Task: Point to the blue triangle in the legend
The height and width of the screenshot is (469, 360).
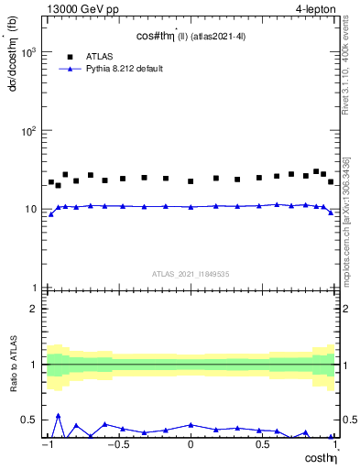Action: (71, 69)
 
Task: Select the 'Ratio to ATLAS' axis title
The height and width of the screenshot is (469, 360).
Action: (12, 364)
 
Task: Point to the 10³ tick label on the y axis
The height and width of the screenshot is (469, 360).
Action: (27, 52)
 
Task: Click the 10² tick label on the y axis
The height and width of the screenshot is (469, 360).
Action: (27, 131)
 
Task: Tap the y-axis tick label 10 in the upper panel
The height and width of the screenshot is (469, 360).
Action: (30, 210)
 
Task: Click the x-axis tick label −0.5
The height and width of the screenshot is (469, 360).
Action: (117, 444)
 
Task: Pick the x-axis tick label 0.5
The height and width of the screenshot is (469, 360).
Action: (262, 444)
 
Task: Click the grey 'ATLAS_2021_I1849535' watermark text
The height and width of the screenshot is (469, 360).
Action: (190, 273)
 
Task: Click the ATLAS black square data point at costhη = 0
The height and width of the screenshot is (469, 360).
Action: (191, 181)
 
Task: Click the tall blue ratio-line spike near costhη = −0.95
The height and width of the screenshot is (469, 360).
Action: (59, 415)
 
